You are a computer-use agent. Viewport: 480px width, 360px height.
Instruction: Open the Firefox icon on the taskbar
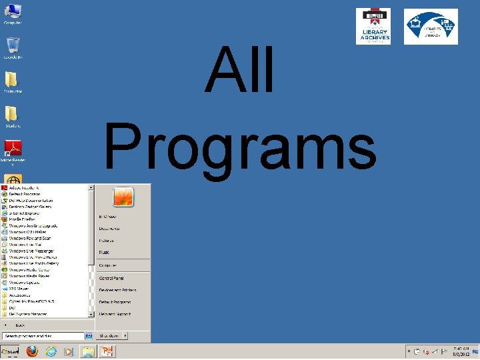[32, 351]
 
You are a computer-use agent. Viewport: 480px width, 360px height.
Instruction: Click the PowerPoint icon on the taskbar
[106, 351]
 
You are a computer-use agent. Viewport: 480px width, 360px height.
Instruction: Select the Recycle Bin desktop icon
[13, 45]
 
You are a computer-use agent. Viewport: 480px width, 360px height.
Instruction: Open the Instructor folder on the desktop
[11, 79]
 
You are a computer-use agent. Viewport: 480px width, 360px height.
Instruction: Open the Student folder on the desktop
[11, 114]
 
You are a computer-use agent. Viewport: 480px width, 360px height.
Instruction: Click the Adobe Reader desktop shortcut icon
[13, 149]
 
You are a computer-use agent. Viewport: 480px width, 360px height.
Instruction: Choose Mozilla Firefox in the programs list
[23, 219]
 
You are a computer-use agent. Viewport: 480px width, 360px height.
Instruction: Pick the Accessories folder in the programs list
[19, 294]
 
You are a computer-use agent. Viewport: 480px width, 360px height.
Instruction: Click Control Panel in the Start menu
[111, 278]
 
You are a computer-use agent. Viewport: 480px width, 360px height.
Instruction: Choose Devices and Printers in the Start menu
[117, 290]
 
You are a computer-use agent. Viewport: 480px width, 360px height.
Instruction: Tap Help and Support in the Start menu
[115, 314]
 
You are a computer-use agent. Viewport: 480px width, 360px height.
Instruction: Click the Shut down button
[109, 336]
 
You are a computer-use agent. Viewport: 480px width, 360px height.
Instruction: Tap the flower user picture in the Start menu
[123, 197]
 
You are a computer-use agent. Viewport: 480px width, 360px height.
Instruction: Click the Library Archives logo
[373, 27]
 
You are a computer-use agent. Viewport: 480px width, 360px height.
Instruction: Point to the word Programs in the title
[240, 149]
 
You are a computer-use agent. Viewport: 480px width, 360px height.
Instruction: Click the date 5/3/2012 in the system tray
[461, 354]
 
